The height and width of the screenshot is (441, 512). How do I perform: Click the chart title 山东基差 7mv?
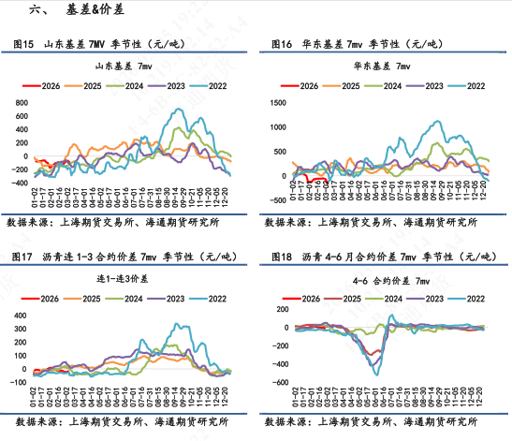tap(125, 67)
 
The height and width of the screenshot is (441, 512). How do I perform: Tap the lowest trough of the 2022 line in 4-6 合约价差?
tap(377, 374)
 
